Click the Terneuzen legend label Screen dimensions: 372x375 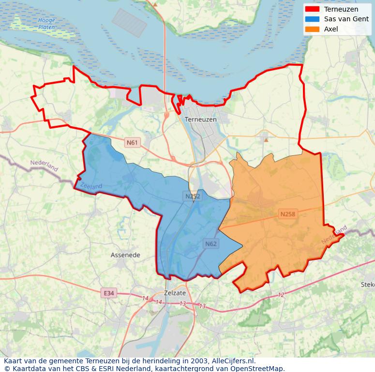(x=341, y=9)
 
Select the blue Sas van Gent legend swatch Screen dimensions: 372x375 (x=313, y=19)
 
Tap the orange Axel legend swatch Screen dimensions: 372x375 (x=313, y=29)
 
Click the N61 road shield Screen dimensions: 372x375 (x=132, y=142)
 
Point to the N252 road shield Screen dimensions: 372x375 (x=192, y=196)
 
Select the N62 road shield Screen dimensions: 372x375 (x=210, y=243)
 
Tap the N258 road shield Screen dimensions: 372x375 (x=287, y=213)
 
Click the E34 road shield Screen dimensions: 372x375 (x=109, y=293)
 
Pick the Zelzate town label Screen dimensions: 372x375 (x=175, y=293)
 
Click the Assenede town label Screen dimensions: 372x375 (x=125, y=255)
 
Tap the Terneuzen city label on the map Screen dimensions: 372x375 (x=201, y=119)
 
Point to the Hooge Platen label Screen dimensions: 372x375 (x=46, y=24)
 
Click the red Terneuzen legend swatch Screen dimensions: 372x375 (x=313, y=9)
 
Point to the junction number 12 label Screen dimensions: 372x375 (x=281, y=295)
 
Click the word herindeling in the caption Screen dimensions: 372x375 (x=162, y=361)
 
